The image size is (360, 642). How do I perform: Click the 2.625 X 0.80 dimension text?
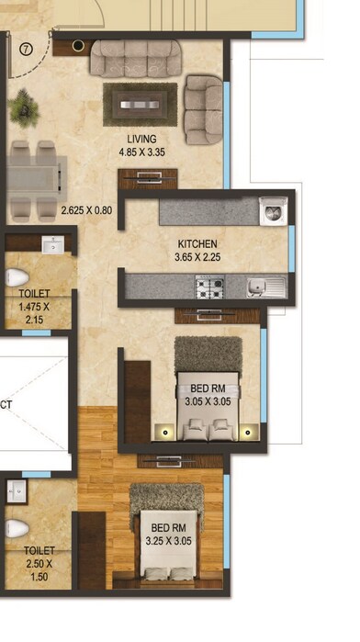[x=86, y=210]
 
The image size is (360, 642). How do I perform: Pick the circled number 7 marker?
[x=26, y=51]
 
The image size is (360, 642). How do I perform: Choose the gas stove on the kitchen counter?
[x=209, y=287]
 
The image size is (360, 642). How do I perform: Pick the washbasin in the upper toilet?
[x=52, y=245]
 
